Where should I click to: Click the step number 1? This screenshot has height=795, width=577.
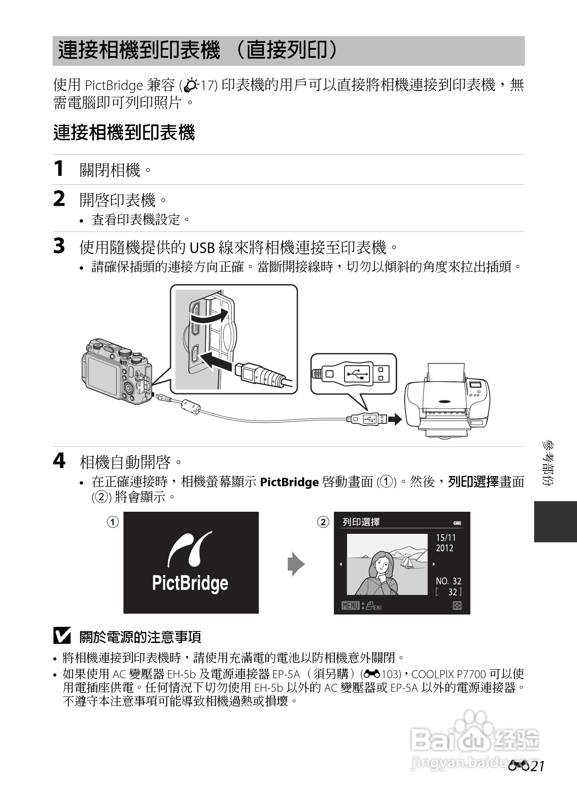(x=59, y=169)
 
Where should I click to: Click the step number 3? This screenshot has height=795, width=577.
(x=59, y=246)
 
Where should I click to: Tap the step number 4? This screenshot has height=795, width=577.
(x=59, y=461)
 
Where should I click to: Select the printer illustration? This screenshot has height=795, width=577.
(x=448, y=401)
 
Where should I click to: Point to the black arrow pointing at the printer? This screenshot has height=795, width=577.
(x=395, y=420)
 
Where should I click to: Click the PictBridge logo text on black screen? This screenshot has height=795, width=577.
(x=190, y=583)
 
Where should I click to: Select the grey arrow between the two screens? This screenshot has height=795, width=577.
(x=296, y=564)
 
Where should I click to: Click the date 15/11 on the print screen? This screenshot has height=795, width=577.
(x=445, y=538)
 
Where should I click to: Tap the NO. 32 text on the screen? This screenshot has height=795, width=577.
(x=448, y=581)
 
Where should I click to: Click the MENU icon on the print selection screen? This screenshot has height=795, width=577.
(x=350, y=606)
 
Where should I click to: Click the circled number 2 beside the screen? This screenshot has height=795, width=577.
(x=323, y=522)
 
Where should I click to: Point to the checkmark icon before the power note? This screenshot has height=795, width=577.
(x=62, y=636)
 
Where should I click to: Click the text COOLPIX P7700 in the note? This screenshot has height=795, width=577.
(x=448, y=674)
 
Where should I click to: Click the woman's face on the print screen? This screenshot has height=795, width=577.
(x=382, y=565)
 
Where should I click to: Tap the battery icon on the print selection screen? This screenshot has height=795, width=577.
(x=457, y=523)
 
